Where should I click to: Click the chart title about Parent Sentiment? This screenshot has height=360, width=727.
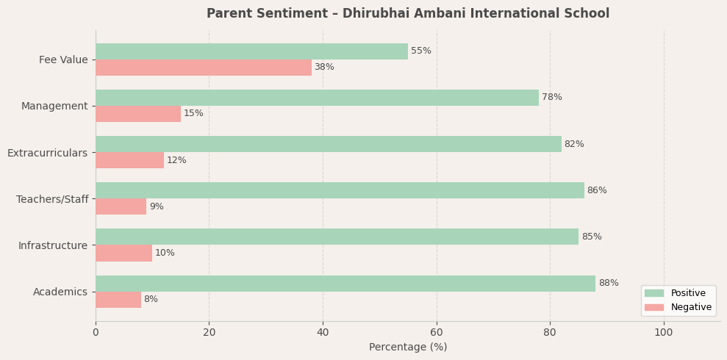(x=407, y=14)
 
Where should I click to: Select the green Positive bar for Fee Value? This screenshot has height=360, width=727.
(x=251, y=51)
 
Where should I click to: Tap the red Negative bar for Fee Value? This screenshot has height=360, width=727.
(x=203, y=68)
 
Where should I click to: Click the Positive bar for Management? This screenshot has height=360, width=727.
(x=317, y=98)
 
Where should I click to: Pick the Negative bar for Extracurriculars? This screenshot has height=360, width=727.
(x=129, y=160)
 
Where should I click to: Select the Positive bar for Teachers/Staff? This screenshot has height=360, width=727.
(x=340, y=190)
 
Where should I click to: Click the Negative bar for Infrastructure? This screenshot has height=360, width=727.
(x=123, y=253)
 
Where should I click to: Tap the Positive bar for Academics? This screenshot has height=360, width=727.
(x=345, y=284)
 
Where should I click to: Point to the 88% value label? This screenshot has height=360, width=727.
(x=608, y=284)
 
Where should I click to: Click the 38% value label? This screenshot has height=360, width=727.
(x=324, y=68)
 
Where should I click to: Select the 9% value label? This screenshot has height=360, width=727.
(x=157, y=207)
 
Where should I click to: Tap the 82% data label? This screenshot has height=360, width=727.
(x=574, y=145)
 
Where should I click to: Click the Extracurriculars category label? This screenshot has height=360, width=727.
(x=48, y=153)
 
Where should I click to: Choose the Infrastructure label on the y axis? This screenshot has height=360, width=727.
(x=53, y=245)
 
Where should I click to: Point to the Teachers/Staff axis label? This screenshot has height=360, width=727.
(x=52, y=199)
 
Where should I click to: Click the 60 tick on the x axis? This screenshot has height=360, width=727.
(x=437, y=333)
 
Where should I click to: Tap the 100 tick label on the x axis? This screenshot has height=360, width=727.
(x=664, y=333)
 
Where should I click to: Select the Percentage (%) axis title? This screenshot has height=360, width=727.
(x=408, y=348)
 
